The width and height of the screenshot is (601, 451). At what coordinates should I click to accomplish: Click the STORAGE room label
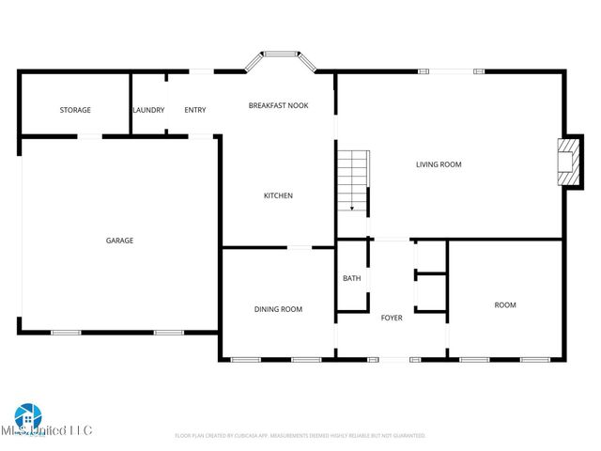pos(75,110)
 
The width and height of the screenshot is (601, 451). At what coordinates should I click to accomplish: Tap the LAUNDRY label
pos(148,110)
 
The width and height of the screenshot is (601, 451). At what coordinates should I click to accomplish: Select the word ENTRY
pos(194,110)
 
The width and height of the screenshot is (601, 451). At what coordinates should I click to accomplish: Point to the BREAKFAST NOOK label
pos(278,105)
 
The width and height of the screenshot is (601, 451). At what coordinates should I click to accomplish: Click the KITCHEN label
pos(278,195)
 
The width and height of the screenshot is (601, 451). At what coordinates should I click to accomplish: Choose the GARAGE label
pos(119,241)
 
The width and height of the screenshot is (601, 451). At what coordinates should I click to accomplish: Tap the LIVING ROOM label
pos(439,164)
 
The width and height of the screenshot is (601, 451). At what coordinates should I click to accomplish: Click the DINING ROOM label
pos(278,309)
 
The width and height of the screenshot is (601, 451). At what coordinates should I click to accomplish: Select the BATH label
pos(351,278)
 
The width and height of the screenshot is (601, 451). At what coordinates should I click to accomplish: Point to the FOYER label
pos(392,318)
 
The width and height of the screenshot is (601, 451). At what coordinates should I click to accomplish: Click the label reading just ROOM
pos(505,304)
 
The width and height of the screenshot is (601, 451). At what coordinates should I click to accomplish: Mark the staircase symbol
pos(353,180)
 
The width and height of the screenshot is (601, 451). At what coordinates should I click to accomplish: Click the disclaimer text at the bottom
pos(300,436)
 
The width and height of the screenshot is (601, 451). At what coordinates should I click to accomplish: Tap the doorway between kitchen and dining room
pos(300,248)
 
